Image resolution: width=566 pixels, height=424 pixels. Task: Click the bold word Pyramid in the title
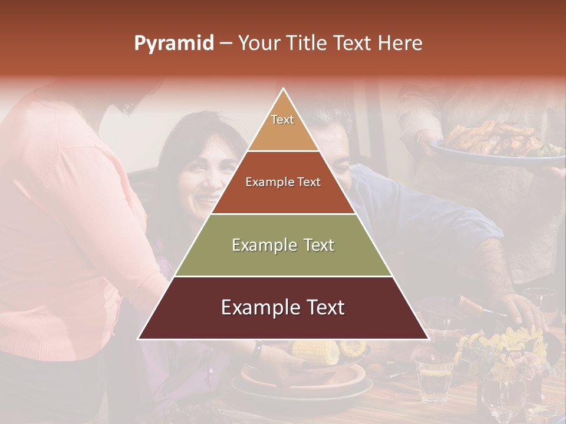coord(173,44)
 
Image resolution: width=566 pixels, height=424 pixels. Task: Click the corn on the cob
coord(317,352)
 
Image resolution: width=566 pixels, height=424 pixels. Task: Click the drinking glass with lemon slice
coord(434,377)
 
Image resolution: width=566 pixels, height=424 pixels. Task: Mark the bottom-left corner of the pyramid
coord(139,339)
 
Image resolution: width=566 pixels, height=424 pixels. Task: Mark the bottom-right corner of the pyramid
coord(428,339)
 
